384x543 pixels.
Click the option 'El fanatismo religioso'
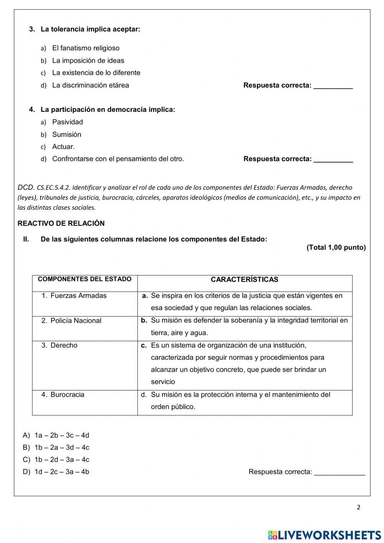(86, 48)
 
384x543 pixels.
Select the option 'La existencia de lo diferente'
(96, 73)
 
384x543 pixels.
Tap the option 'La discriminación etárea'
(90, 85)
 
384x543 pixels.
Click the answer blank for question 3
(333, 86)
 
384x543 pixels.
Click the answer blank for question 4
(333, 159)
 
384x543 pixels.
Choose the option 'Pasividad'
(67, 122)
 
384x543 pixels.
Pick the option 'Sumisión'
(66, 134)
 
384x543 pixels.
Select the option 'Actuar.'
(63, 146)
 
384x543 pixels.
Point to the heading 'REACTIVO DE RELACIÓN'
(61, 223)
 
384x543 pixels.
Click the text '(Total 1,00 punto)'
(336, 247)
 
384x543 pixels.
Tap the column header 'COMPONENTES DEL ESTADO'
(84, 279)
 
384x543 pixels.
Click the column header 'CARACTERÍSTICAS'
(245, 280)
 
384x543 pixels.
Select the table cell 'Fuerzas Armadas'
(78, 296)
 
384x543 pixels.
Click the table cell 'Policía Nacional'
(76, 320)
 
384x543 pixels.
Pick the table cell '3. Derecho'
(60, 345)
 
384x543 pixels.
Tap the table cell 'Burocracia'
(67, 394)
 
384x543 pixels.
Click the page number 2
(359, 507)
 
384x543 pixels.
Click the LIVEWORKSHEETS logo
(324, 535)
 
